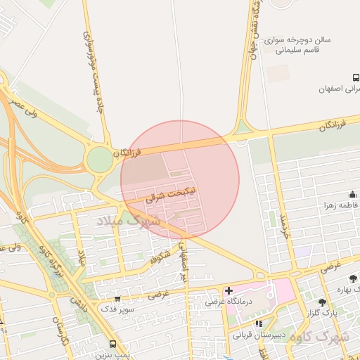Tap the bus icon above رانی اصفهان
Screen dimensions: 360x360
(x=355, y=77)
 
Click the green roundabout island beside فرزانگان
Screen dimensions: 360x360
(x=100, y=160)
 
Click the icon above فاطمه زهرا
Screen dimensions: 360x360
(x=352, y=195)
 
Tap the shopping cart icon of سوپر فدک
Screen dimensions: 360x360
(x=117, y=299)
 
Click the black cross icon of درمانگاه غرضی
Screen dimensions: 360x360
(x=229, y=290)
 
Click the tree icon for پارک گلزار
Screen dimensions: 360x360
(x=322, y=302)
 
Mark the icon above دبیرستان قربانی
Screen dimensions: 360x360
(x=259, y=324)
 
